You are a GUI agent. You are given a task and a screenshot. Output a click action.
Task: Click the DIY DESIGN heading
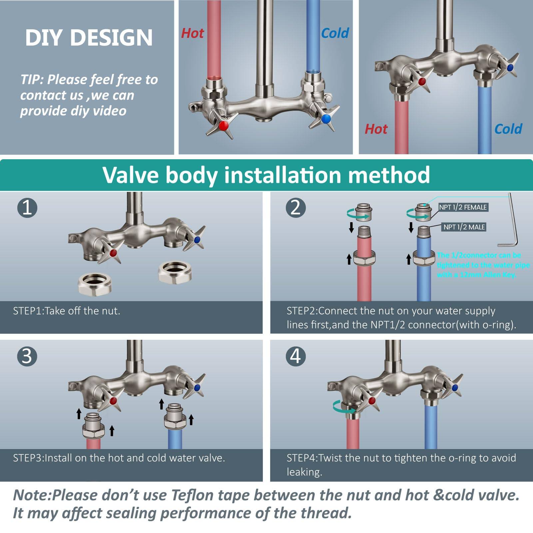(x=89, y=37)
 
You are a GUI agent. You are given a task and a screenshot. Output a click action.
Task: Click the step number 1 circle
(x=27, y=208)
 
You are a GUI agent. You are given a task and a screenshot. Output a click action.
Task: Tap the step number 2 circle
(x=296, y=208)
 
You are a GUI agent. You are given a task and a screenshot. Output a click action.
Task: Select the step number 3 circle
(x=27, y=356)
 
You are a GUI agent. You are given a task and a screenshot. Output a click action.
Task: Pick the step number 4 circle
(x=296, y=356)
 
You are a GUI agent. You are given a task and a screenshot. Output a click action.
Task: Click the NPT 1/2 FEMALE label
(x=463, y=207)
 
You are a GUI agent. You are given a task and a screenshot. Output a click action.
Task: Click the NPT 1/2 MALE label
(x=464, y=227)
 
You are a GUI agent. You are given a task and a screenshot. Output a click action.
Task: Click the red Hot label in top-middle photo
(x=192, y=33)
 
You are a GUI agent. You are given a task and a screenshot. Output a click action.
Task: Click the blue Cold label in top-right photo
(x=508, y=129)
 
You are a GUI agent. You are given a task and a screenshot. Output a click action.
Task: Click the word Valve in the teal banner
(x=131, y=175)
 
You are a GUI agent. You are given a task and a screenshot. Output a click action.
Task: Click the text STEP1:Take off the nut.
(x=67, y=311)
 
